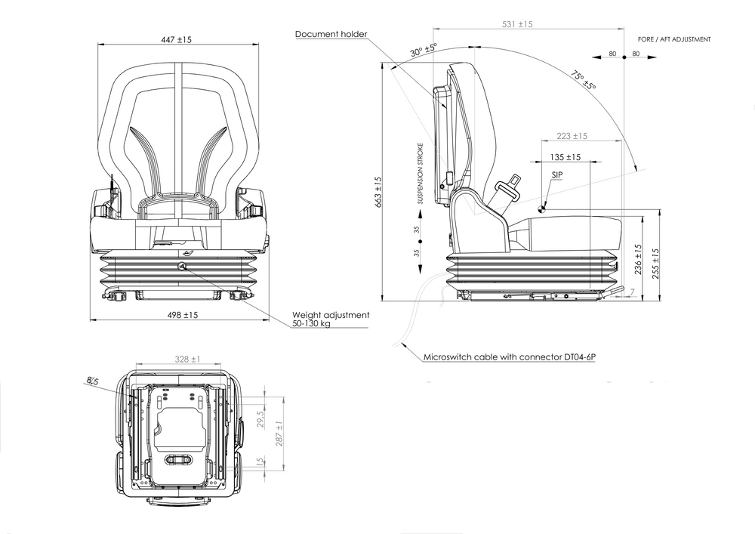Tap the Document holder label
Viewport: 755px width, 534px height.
[331, 34]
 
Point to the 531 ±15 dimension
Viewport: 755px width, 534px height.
[517, 24]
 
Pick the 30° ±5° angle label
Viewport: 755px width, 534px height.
[424, 51]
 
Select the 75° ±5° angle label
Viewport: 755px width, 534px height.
[584, 81]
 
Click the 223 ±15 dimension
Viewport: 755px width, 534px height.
[571, 136]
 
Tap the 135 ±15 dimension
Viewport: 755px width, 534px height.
[565, 158]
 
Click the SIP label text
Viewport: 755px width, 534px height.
[557, 174]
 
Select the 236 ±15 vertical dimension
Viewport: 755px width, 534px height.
[638, 258]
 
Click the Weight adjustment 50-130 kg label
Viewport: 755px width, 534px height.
[331, 319]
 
